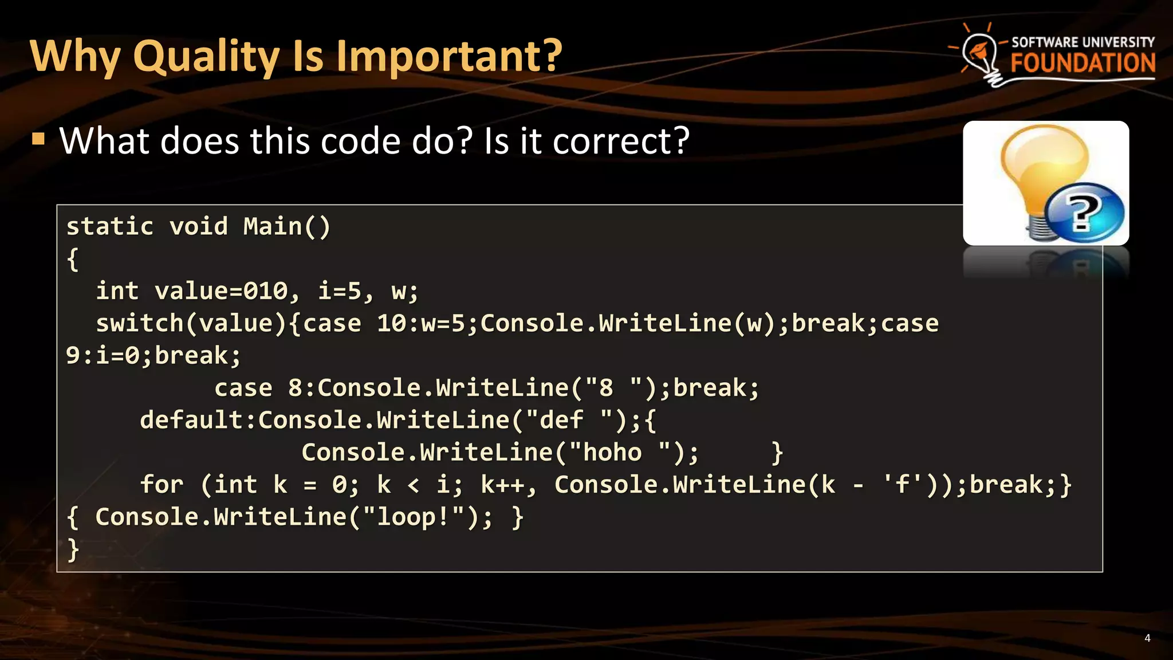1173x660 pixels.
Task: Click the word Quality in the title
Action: [206, 56]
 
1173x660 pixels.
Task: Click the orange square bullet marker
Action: [38, 139]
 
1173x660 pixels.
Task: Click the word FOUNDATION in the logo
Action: [1083, 63]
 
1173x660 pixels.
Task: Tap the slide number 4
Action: [1147, 638]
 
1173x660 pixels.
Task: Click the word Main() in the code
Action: [287, 227]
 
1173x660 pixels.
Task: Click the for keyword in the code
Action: [162, 485]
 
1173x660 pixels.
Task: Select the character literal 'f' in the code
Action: [903, 485]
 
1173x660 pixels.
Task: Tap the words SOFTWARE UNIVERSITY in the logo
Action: [1083, 42]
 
